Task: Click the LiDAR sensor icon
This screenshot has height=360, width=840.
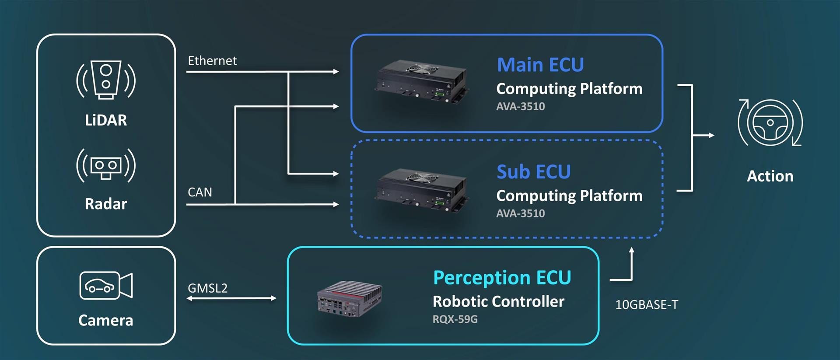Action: point(106,80)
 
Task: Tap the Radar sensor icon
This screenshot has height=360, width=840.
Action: point(106,165)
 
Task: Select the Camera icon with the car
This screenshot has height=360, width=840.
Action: point(106,285)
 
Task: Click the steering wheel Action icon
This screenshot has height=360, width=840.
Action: point(770,123)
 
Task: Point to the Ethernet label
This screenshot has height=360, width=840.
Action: point(212,61)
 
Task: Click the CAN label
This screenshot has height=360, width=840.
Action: point(199,192)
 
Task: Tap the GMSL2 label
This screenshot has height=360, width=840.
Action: point(207,288)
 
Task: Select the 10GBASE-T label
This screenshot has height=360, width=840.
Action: point(647,304)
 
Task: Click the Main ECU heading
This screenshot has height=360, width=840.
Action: point(540,65)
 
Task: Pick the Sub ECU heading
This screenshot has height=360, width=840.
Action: point(533,172)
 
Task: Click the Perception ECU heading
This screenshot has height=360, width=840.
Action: point(502,278)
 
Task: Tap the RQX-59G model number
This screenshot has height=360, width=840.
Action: point(455,319)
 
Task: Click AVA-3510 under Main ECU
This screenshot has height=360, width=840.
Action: point(521,106)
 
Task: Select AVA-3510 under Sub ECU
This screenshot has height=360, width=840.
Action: point(521,213)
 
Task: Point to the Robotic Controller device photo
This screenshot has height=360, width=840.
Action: point(350,299)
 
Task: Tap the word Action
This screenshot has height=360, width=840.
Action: point(770,176)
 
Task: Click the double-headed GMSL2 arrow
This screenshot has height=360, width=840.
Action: point(231,298)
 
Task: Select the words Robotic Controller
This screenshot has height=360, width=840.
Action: point(498,301)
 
